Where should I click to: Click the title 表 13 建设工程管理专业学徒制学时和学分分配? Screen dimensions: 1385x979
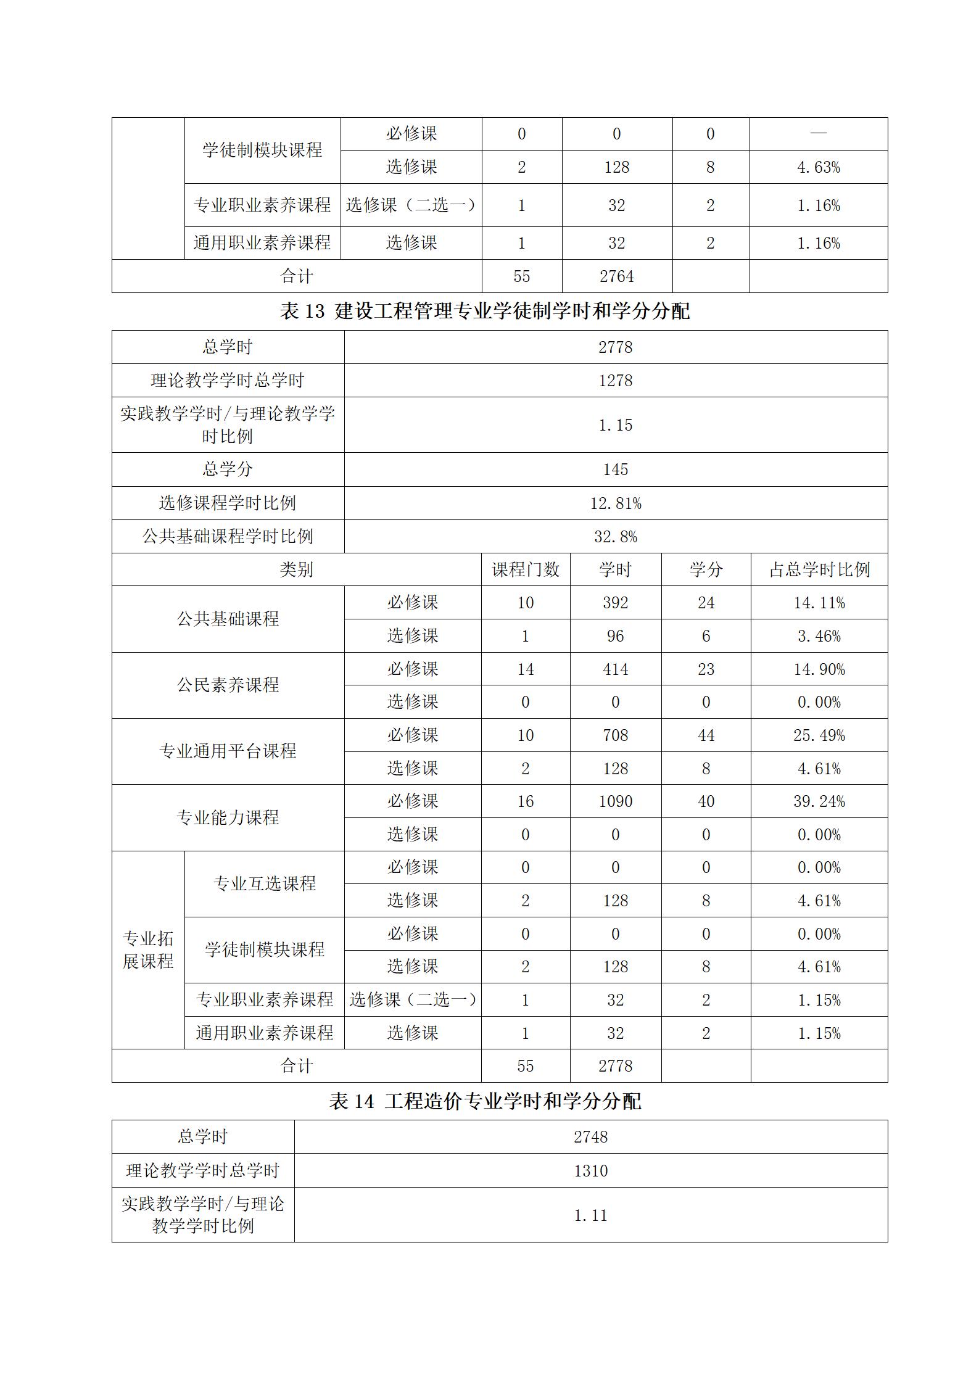[x=485, y=312]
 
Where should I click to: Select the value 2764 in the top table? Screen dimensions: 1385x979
[x=616, y=276]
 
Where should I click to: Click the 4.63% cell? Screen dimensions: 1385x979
[x=818, y=167]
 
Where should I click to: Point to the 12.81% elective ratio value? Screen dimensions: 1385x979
[x=615, y=503]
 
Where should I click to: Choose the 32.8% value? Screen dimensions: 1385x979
[x=615, y=537]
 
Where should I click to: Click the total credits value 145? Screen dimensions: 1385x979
[x=615, y=469]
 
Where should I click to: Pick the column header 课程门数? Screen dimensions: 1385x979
[x=525, y=569]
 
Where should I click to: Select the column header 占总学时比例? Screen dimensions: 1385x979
[x=819, y=569]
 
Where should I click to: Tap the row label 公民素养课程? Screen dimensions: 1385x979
[x=228, y=685]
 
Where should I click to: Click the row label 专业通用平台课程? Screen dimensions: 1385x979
[x=228, y=751]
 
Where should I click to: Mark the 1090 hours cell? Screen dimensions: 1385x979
[x=615, y=801]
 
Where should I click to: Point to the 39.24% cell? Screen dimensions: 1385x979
[x=819, y=801]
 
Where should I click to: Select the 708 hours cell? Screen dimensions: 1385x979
[x=615, y=735]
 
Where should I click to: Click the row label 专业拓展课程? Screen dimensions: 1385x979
[x=148, y=950]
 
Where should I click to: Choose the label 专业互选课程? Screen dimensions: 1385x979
[x=264, y=884]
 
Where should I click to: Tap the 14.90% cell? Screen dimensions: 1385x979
[x=819, y=669]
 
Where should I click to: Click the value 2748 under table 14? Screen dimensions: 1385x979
[x=590, y=1137]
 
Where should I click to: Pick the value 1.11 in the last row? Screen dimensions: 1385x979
[x=590, y=1216]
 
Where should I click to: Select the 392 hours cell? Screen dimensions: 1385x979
[x=615, y=603]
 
